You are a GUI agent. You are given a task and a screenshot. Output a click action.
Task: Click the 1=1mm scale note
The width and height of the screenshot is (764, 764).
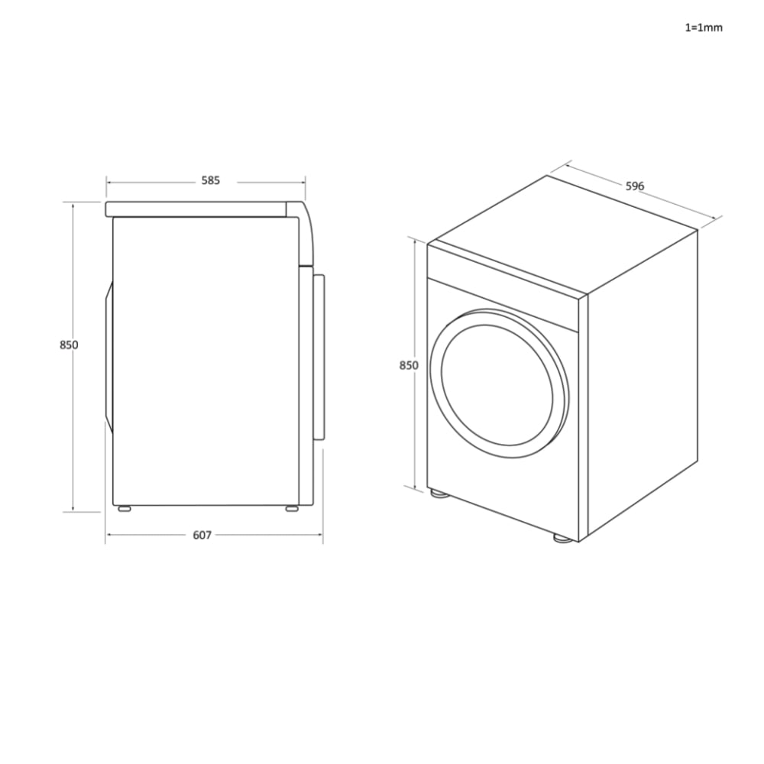pos(703,28)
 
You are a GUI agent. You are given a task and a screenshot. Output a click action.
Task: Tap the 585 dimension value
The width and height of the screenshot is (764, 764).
pos(210,181)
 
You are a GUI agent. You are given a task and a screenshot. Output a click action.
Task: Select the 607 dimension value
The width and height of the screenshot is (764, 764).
pos(202,535)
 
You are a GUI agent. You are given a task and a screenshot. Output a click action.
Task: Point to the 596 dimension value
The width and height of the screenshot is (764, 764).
pos(635,186)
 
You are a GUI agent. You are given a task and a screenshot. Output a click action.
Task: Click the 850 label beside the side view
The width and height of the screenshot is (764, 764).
pos(69,345)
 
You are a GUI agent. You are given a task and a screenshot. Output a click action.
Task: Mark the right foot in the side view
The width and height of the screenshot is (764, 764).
pos(292,507)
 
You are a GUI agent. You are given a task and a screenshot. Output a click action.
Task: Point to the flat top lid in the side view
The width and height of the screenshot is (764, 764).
pos(199,209)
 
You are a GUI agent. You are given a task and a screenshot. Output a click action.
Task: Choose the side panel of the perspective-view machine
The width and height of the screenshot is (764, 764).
pos(642,382)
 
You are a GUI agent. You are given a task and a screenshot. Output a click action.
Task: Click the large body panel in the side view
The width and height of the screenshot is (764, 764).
pos(205,359)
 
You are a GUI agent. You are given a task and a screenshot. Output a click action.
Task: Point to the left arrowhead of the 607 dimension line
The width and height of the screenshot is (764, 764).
pos(108,535)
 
